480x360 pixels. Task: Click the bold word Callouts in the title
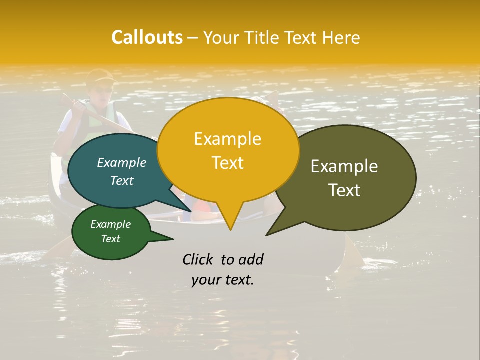click(147, 37)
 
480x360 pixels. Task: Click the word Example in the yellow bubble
click(227, 139)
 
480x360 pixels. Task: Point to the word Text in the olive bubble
click(344, 190)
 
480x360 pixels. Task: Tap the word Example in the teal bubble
click(122, 163)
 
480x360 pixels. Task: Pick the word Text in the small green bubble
click(111, 239)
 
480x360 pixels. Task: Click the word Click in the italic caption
click(198, 259)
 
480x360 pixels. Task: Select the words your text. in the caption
click(223, 280)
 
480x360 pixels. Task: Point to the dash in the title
click(193, 38)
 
